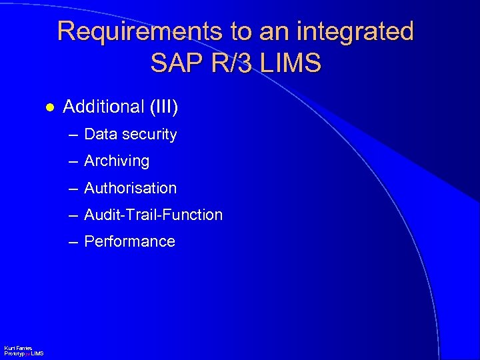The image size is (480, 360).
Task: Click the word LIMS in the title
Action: coord(292,63)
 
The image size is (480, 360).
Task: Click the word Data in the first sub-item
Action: coord(100,135)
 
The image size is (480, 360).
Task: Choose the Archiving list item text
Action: coord(117,161)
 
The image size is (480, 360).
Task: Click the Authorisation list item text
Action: coord(130,188)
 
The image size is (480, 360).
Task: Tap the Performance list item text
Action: coord(129,241)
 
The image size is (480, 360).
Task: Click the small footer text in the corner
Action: coord(23,351)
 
